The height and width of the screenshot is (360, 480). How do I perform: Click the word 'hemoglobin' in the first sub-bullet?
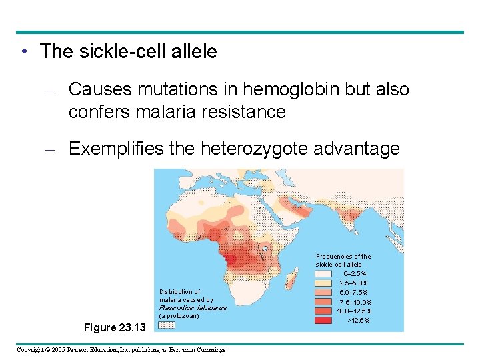tap(276, 89)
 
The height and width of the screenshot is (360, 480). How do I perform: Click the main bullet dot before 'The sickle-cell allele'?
tap(23, 52)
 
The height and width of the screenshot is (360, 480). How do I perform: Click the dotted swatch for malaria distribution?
tap(167, 325)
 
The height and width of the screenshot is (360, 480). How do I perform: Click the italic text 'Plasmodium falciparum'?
tap(193, 308)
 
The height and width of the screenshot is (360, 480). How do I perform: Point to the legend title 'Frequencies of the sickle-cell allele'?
tap(343, 261)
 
